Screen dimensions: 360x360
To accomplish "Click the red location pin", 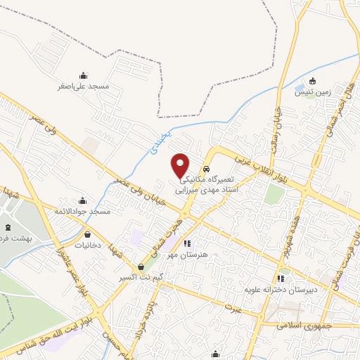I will click(181, 165).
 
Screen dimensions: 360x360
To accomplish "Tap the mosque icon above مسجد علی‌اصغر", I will click(84, 76).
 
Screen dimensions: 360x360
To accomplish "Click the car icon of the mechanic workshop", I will click(207, 169).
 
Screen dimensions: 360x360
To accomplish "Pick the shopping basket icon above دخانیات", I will click(87, 235).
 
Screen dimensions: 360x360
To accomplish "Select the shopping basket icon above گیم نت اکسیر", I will click(143, 267).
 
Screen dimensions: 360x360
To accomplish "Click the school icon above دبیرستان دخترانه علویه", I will click(281, 279).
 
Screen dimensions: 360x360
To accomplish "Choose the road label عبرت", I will click(234, 308).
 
